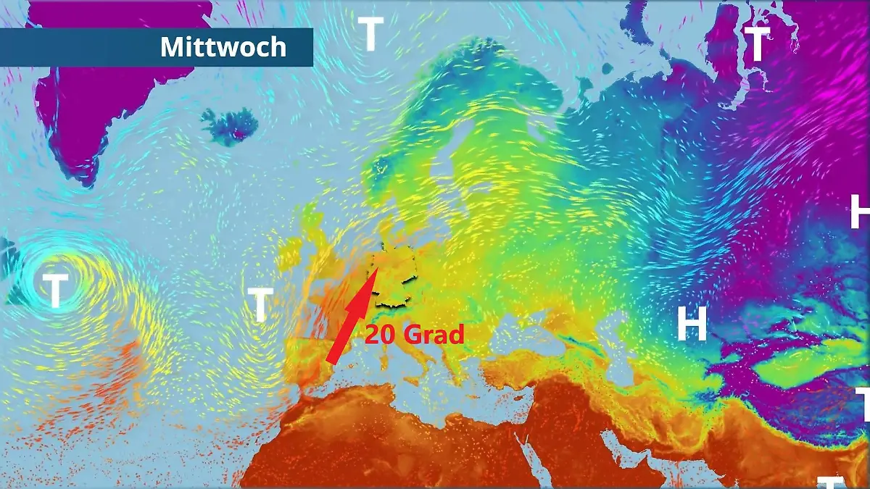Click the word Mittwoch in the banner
click(x=223, y=47)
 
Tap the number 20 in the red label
click(x=380, y=335)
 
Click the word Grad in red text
click(x=433, y=335)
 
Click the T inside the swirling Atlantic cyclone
click(x=55, y=291)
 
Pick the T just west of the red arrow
click(x=260, y=305)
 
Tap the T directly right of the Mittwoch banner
click(x=370, y=33)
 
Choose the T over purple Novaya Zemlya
click(x=757, y=44)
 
